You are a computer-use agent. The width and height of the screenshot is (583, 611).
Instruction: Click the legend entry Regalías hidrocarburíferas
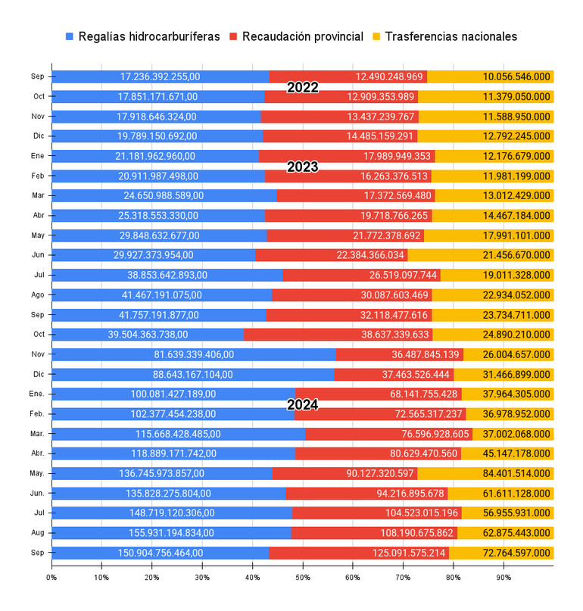pos(143,36)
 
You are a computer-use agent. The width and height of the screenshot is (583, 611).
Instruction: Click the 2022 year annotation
pos(302,88)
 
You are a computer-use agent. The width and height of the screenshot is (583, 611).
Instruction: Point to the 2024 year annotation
pos(302,404)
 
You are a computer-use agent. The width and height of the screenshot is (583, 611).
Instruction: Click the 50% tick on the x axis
pos(302,578)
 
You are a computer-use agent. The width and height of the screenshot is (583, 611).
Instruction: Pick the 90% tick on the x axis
pos(503,578)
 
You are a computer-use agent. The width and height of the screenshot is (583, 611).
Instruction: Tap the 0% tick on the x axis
pos(51,578)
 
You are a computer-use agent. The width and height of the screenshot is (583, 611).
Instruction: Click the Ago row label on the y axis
pos(38,295)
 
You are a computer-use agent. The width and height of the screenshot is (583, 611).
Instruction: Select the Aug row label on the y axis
pos(38,533)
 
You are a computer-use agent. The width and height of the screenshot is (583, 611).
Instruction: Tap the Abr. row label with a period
pos(37,454)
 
